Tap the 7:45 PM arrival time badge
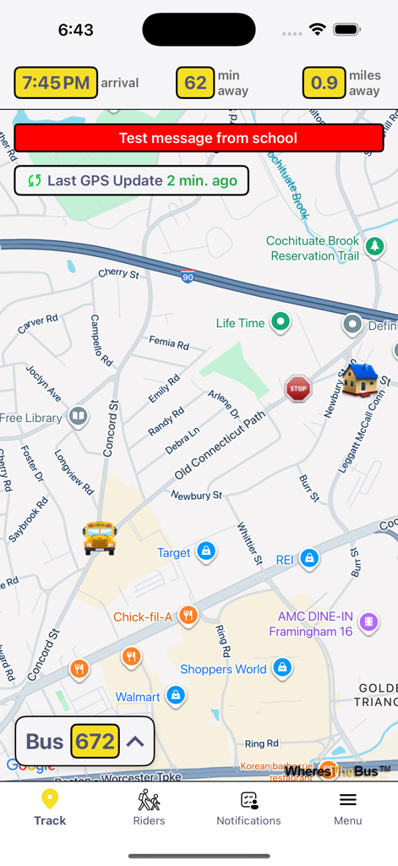point(56,83)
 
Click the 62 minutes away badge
point(195,83)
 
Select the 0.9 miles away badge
point(324,83)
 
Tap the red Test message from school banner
point(207,138)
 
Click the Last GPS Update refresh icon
point(35,180)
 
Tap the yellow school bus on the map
point(100,537)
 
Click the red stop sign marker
point(297,388)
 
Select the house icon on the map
point(359,378)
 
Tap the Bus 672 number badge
point(95,742)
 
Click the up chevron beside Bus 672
point(135,742)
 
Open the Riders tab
point(149,807)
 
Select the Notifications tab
point(248,807)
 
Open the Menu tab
point(347,807)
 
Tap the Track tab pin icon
point(50,799)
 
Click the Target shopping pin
point(205,552)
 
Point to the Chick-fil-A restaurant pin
point(188,617)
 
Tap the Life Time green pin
point(280,322)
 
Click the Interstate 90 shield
point(187,277)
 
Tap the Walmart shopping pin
point(176,696)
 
